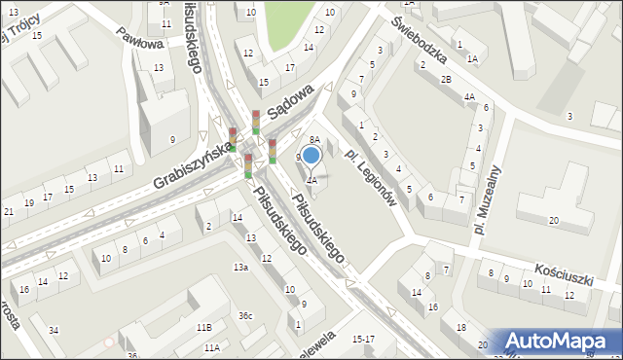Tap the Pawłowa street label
(x=136, y=45)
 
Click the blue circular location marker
(x=311, y=154)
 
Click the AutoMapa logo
(x=559, y=342)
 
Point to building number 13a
(x=239, y=267)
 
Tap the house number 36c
(x=246, y=315)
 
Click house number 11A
(x=211, y=347)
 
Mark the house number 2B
(x=445, y=79)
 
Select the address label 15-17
(x=363, y=339)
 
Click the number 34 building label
(x=54, y=331)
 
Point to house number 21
(x=9, y=211)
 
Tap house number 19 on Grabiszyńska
(x=29, y=202)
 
